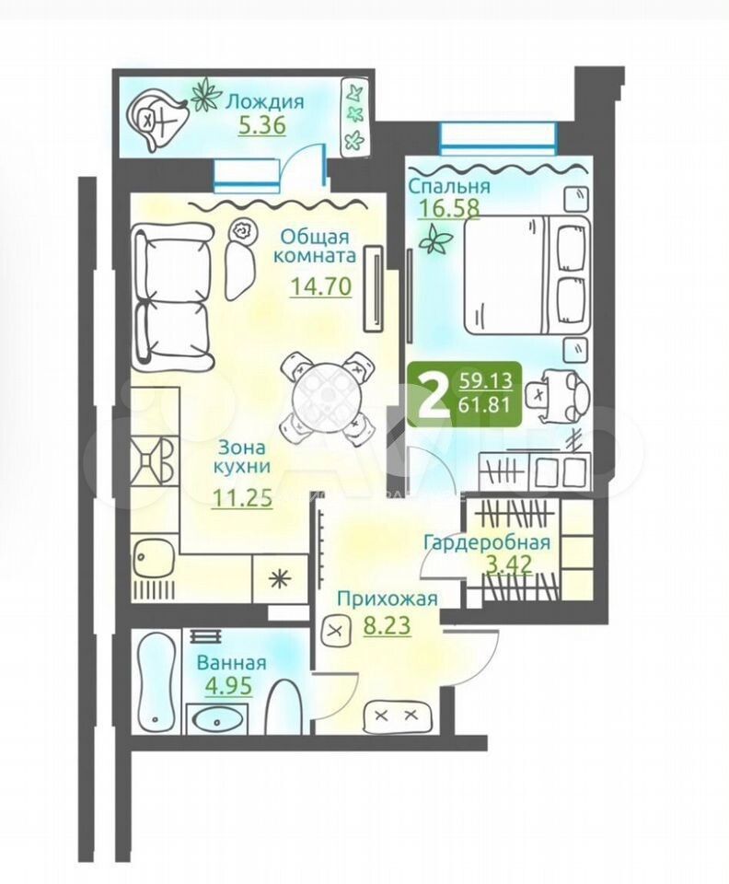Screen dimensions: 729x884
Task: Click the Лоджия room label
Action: [x=265, y=102]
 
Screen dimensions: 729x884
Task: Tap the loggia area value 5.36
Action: [x=262, y=125]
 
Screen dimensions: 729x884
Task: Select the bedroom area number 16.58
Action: [x=448, y=208]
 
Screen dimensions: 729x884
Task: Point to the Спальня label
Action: [x=449, y=185]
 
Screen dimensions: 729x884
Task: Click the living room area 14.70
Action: [x=321, y=286]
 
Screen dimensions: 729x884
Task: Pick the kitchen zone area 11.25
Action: [x=242, y=498]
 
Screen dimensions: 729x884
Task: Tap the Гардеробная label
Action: [x=487, y=542]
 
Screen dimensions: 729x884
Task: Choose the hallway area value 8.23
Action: [x=387, y=625]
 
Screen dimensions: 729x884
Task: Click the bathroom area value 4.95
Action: [x=228, y=686]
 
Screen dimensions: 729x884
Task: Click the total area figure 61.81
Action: [x=486, y=405]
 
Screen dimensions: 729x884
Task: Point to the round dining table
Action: [x=326, y=396]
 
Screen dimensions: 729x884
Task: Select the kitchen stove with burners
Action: [x=152, y=460]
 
